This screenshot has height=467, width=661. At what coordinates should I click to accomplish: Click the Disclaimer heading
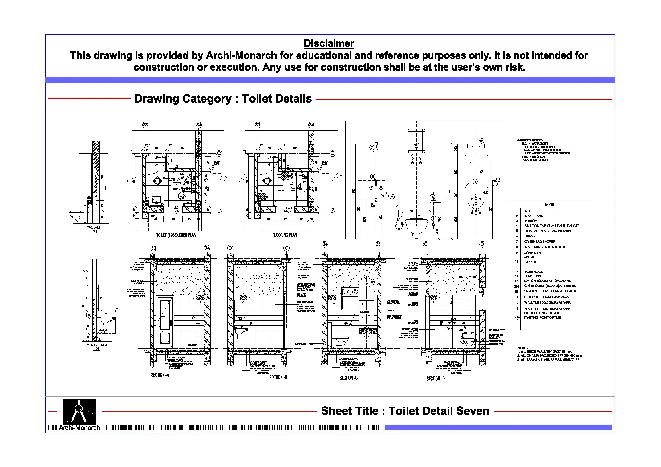point(329,43)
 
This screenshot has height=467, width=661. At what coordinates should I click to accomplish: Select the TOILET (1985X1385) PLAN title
point(176,235)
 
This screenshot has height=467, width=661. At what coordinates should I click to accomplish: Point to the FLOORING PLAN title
point(285,235)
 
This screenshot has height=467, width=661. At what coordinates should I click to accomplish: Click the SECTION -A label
point(160,375)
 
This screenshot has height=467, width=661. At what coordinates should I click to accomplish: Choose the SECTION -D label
point(435,379)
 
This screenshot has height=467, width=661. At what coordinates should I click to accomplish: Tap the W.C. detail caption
point(94,228)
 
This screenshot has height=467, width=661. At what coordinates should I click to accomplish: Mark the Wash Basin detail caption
point(96,345)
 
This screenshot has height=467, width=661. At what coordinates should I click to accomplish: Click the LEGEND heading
point(548,204)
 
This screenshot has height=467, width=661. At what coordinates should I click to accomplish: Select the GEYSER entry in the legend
point(530,262)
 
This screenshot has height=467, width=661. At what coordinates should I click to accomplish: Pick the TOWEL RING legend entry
point(533,276)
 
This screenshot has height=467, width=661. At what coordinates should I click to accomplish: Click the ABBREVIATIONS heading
point(530,140)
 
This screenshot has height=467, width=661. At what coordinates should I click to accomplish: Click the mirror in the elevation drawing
point(475,172)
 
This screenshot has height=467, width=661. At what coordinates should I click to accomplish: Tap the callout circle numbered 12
point(482,141)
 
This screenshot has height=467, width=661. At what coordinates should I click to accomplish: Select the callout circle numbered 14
point(499,179)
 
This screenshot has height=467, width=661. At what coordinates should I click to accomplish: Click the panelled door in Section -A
point(165,320)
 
